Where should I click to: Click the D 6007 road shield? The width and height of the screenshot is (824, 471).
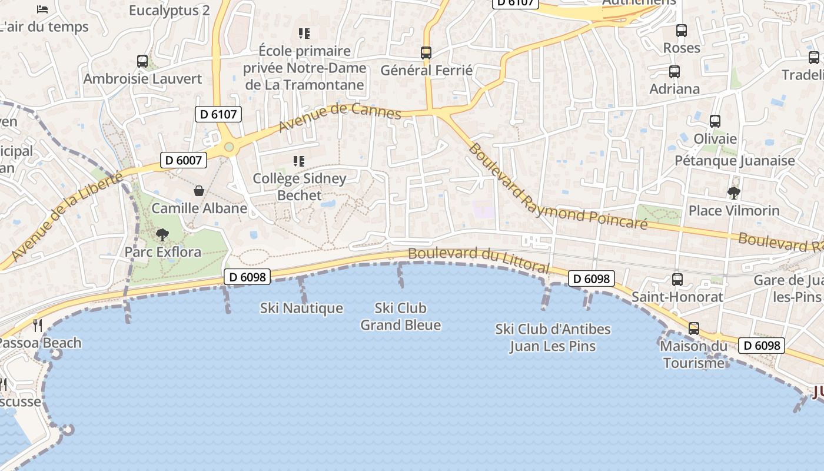pyautogui.click(x=184, y=160)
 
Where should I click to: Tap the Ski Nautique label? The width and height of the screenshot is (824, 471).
pyautogui.click(x=301, y=308)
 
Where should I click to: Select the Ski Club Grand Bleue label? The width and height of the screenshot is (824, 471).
pyautogui.click(x=400, y=316)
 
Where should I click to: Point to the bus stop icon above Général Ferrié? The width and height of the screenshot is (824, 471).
pyautogui.click(x=426, y=53)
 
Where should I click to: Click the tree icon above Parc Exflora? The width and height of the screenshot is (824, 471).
pyautogui.click(x=162, y=235)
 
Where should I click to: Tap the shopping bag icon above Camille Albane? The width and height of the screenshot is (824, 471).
pyautogui.click(x=199, y=191)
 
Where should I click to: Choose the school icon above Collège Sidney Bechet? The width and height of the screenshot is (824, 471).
pyautogui.click(x=299, y=161)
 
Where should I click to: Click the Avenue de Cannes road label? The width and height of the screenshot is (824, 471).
pyautogui.click(x=340, y=118)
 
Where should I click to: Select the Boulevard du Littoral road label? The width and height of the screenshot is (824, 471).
pyautogui.click(x=478, y=260)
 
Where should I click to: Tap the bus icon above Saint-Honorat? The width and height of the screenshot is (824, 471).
pyautogui.click(x=677, y=280)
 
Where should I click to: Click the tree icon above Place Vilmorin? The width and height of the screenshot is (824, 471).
pyautogui.click(x=733, y=193)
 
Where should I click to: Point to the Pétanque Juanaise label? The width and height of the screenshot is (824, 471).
pyautogui.click(x=735, y=161)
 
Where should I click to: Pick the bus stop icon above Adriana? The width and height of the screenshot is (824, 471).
pyautogui.click(x=675, y=72)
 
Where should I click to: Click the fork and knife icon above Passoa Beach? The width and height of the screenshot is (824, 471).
pyautogui.click(x=38, y=325)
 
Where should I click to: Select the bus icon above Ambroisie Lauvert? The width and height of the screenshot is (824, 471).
pyautogui.click(x=142, y=61)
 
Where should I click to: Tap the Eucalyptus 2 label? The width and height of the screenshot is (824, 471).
pyautogui.click(x=169, y=11)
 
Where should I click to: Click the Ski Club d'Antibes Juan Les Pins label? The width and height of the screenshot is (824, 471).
pyautogui.click(x=553, y=337)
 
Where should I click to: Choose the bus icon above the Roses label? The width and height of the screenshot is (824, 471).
pyautogui.click(x=682, y=31)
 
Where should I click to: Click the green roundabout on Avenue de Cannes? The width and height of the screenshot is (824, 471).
pyautogui.click(x=229, y=147)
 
